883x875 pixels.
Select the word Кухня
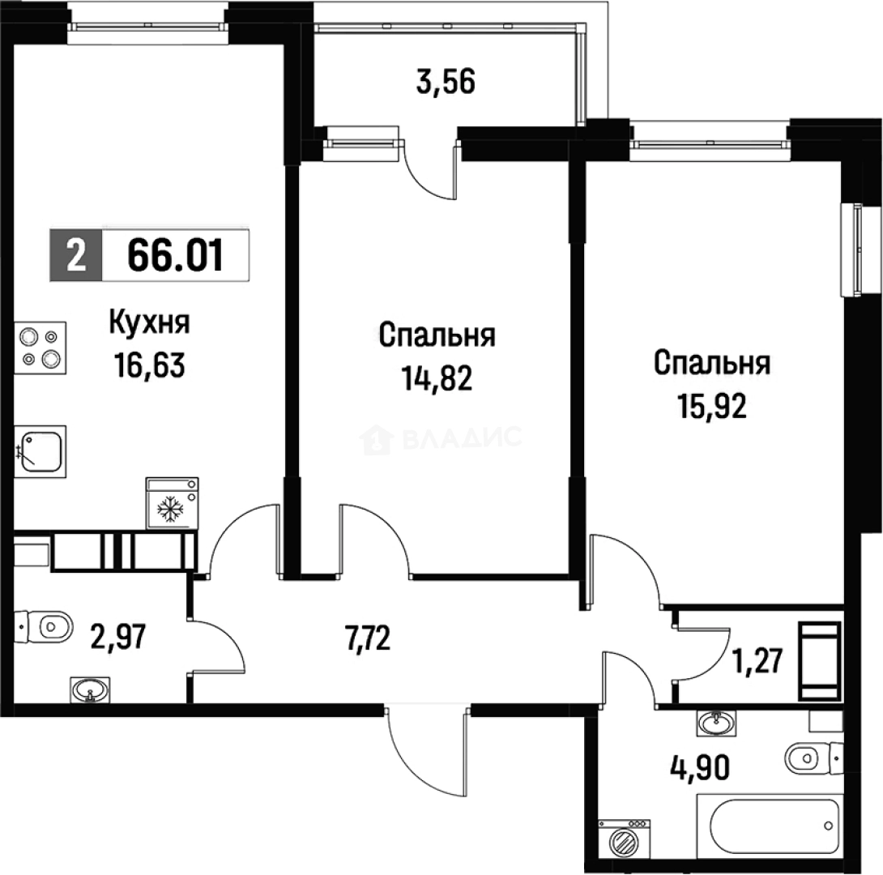pyautogui.click(x=150, y=324)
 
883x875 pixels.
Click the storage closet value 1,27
pyautogui.click(x=756, y=659)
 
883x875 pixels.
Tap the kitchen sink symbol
pyautogui.click(x=40, y=450)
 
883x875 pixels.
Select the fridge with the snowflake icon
pyautogui.click(x=171, y=503)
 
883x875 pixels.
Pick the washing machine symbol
pyautogui.click(x=624, y=838)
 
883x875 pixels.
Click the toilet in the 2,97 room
pyautogui.click(x=45, y=625)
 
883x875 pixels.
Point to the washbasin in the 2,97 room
pyautogui.click(x=87, y=689)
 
